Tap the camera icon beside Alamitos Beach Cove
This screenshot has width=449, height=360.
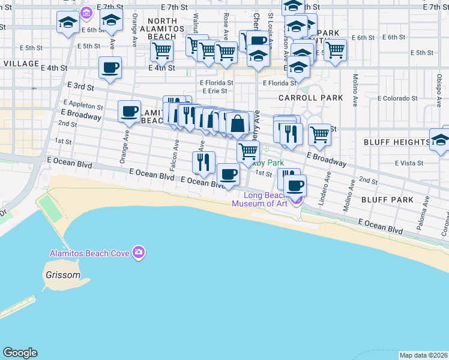pyautogui.click(x=139, y=253)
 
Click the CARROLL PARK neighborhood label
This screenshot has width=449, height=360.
pyautogui.click(x=310, y=98)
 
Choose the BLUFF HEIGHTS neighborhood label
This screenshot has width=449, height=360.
pyautogui.click(x=396, y=142)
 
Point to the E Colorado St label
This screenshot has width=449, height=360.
pyautogui.click(x=397, y=98)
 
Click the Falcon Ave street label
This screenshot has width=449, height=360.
pyautogui.click(x=176, y=155)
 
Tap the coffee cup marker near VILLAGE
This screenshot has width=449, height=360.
pyautogui.click(x=110, y=68)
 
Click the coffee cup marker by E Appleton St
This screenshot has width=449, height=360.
pyautogui.click(x=129, y=110)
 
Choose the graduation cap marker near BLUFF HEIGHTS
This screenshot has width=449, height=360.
pyautogui.click(x=441, y=140)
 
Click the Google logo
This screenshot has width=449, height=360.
pyautogui.click(x=20, y=353)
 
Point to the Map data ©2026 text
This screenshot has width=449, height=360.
pyautogui.click(x=423, y=355)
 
